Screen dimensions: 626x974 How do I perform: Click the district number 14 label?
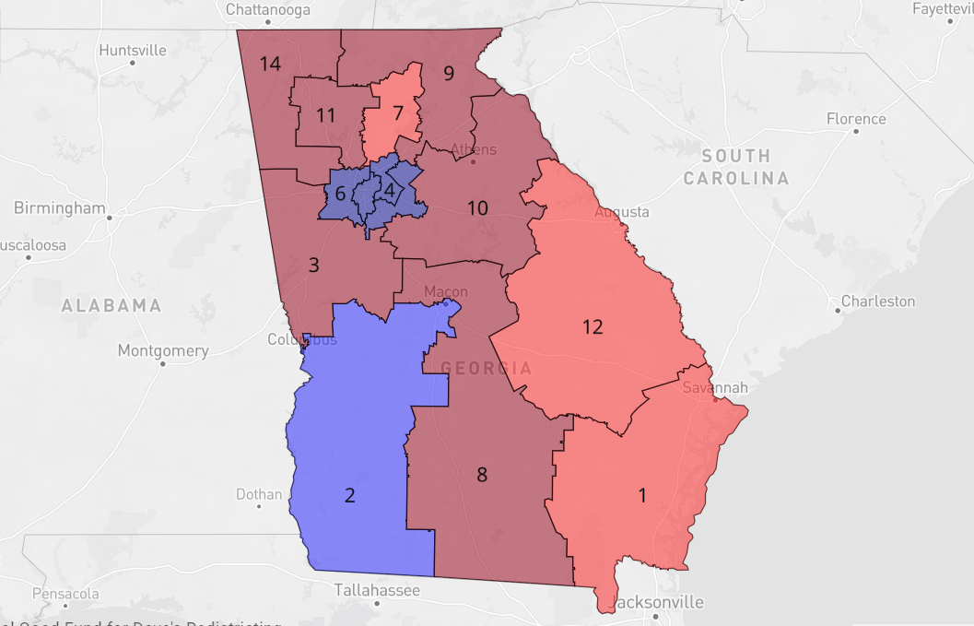pyautogui.click(x=269, y=64)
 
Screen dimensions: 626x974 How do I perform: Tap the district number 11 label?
pyautogui.click(x=324, y=115)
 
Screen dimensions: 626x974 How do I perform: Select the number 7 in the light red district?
pyautogui.click(x=397, y=113)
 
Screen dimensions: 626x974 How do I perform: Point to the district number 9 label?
pyautogui.click(x=449, y=74)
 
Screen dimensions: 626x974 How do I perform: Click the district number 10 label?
pyautogui.click(x=476, y=208)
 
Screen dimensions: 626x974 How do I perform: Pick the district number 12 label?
pyautogui.click(x=592, y=326)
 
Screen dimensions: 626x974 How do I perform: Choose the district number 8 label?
pyautogui.click(x=481, y=475)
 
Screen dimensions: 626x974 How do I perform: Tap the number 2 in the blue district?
pyautogui.click(x=349, y=495)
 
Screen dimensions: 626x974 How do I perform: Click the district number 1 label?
pyautogui.click(x=642, y=495)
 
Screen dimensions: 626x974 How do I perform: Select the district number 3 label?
pyautogui.click(x=313, y=266)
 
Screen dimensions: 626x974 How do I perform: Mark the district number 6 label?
pyautogui.click(x=340, y=194)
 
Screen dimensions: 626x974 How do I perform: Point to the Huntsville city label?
pyautogui.click(x=133, y=50)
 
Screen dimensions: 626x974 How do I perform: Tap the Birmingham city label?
pyautogui.click(x=60, y=208)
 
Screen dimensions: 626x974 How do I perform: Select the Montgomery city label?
pyautogui.click(x=163, y=350)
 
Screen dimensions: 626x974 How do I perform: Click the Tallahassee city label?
pyautogui.click(x=377, y=590)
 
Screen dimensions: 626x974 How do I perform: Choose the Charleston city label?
pyautogui.click(x=878, y=301)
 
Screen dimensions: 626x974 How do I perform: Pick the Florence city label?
pyautogui.click(x=856, y=119)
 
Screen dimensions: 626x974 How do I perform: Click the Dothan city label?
pyautogui.click(x=259, y=494)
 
